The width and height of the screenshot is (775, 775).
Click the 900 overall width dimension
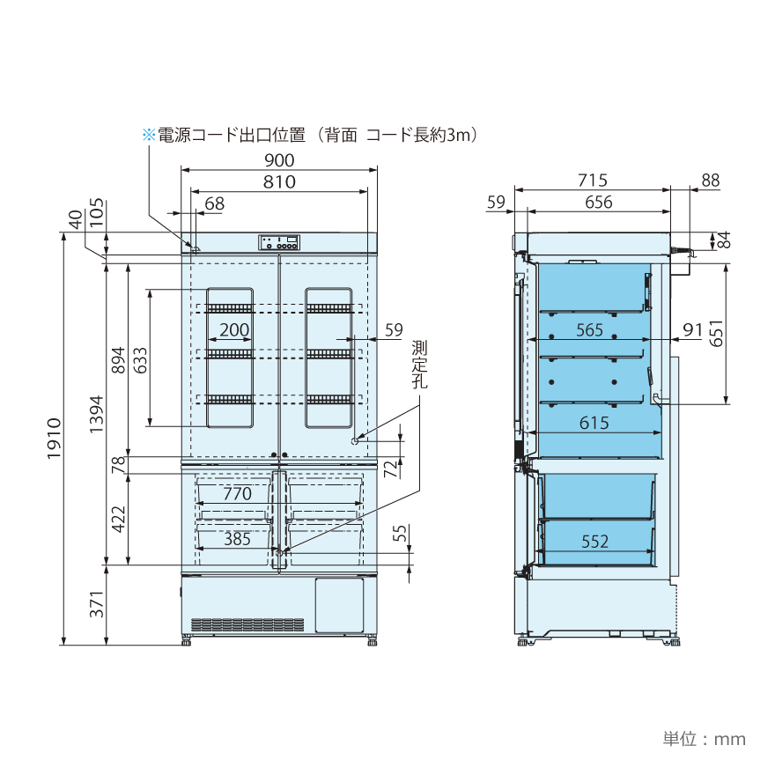coord(278,160)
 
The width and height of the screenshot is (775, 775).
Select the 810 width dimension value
coord(278,182)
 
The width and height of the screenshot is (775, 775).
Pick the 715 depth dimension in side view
coord(592,181)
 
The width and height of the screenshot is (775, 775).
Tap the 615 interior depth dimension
coord(594,424)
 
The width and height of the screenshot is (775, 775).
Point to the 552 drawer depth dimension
coord(595,542)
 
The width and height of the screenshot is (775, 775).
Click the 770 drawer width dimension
coord(237,494)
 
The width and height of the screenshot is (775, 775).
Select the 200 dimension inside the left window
coord(233,330)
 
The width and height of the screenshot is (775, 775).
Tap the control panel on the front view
coord(279,242)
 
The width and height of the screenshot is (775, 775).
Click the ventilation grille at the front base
coord(247,624)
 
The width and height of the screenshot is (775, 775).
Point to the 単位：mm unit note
coord(704,739)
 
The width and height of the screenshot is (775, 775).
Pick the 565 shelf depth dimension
coord(589,330)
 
